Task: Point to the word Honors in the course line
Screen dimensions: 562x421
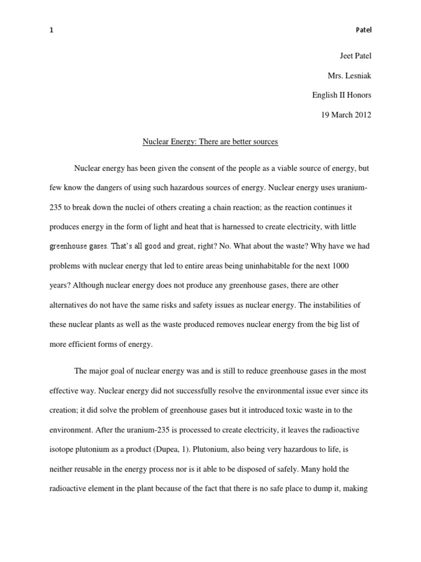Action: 358,95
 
